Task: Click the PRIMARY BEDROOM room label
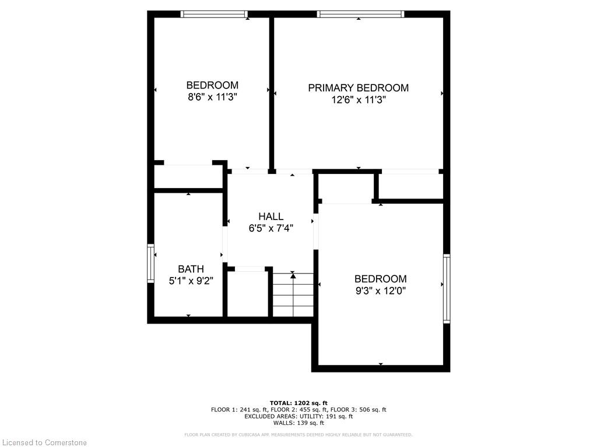click(x=359, y=88)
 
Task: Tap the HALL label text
click(x=271, y=217)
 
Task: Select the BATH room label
click(x=191, y=269)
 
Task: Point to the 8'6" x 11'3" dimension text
click(x=212, y=97)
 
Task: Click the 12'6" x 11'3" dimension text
click(x=359, y=100)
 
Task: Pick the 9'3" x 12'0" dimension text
click(x=380, y=291)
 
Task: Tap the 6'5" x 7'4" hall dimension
click(x=271, y=228)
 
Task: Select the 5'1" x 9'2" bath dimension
click(x=191, y=281)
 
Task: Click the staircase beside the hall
click(x=293, y=295)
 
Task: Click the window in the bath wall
click(x=151, y=263)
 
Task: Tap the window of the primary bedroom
click(x=360, y=14)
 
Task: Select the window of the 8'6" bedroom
click(x=214, y=14)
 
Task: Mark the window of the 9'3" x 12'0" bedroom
click(x=447, y=289)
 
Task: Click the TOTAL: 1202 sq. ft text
click(x=298, y=403)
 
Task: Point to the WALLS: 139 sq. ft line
click(x=298, y=423)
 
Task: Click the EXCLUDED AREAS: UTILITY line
click(x=298, y=416)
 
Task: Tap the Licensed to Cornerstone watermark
click(x=44, y=442)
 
